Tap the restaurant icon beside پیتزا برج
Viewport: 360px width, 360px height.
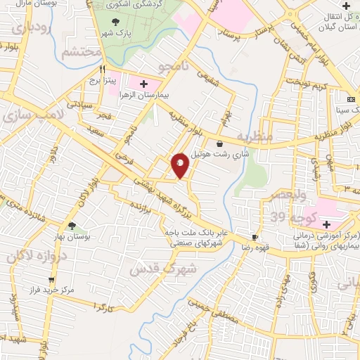(x=103, y=70)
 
